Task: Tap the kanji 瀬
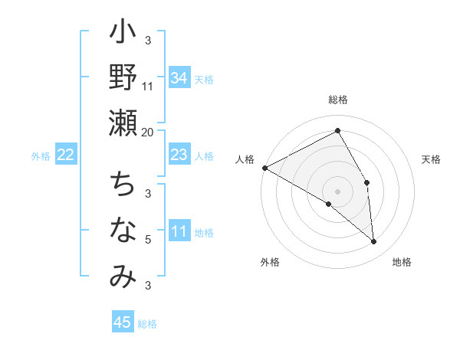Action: (x=123, y=123)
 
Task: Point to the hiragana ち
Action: (x=123, y=185)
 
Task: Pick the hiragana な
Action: (x=123, y=230)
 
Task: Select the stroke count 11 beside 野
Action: (x=148, y=86)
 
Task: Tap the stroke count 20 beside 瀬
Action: (x=148, y=132)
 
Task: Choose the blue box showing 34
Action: (x=179, y=77)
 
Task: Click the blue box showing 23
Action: (x=179, y=155)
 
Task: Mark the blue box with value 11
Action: (x=179, y=231)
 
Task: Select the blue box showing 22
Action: (x=66, y=155)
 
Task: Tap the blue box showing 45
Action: (x=122, y=322)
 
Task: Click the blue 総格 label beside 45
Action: (x=147, y=324)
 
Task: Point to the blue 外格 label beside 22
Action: (x=41, y=156)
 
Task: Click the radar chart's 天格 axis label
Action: (x=432, y=159)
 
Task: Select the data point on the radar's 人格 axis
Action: (x=264, y=168)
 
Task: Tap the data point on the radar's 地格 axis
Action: (x=373, y=241)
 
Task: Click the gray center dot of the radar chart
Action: (x=337, y=191)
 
